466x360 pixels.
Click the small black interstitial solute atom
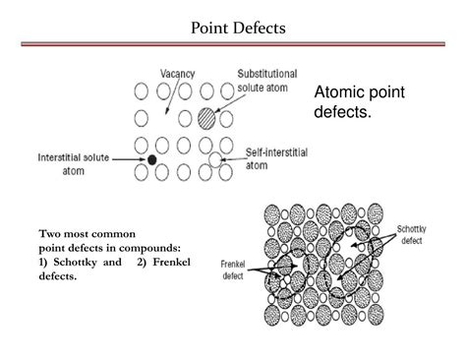tap(152, 159)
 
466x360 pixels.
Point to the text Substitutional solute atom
tap(269, 81)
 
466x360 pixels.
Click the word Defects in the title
tap(259, 29)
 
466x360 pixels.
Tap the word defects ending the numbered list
tap(58, 276)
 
